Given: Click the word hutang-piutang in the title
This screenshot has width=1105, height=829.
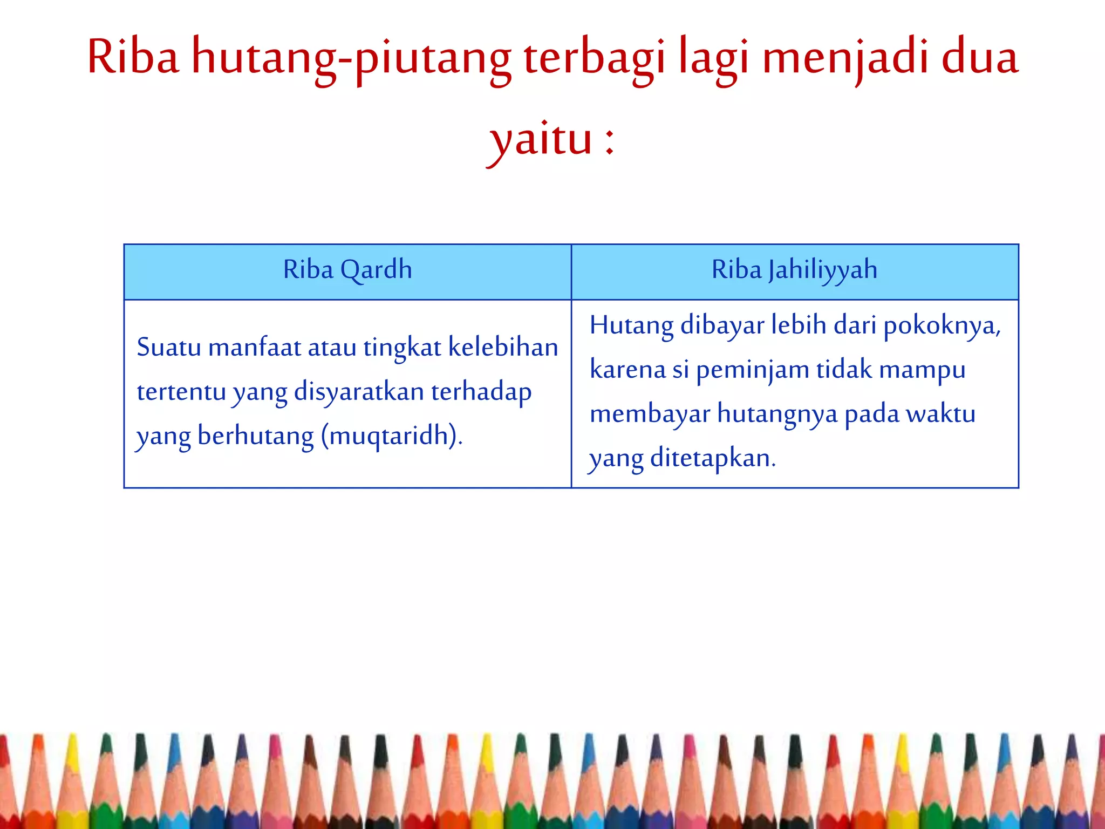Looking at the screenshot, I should pyautogui.click(x=351, y=58).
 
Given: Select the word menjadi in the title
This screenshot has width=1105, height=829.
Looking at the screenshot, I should pyautogui.click(x=845, y=58).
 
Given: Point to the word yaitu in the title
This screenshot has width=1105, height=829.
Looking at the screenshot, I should pyautogui.click(x=540, y=140).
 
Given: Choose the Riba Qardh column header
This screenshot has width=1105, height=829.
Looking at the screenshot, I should pyautogui.click(x=347, y=270).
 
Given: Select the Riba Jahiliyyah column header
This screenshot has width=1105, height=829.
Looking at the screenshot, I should pyautogui.click(x=794, y=270).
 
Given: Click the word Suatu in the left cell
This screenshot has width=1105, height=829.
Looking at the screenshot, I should pyautogui.click(x=168, y=347).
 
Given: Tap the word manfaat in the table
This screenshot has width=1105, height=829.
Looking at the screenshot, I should pyautogui.click(x=254, y=347).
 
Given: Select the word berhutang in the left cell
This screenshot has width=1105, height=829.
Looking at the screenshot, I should pyautogui.click(x=255, y=436).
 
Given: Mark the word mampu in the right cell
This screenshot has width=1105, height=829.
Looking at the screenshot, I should pyautogui.click(x=922, y=371).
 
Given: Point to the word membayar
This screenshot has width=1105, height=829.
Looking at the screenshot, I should pyautogui.click(x=650, y=414).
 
